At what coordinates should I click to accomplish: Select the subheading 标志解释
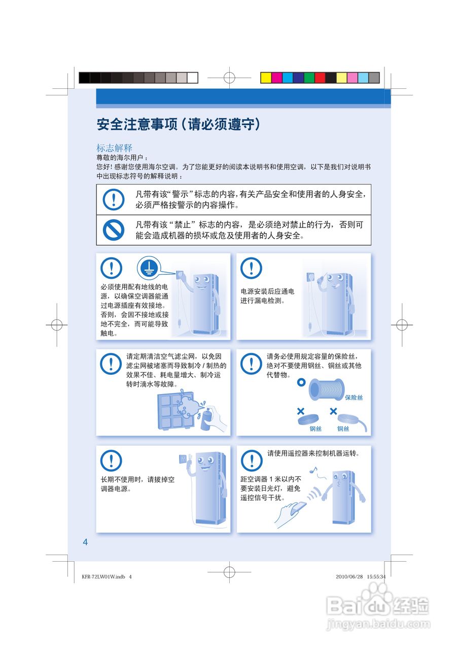115,148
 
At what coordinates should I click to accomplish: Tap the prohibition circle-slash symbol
113,230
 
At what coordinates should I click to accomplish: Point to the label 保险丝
354,398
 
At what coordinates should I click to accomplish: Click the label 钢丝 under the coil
315,429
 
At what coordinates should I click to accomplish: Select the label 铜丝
343,429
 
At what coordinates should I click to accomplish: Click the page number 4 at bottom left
85,542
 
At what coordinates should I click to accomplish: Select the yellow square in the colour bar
266,78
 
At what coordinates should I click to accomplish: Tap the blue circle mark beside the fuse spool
301,381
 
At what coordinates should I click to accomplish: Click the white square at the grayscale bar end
192,78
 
